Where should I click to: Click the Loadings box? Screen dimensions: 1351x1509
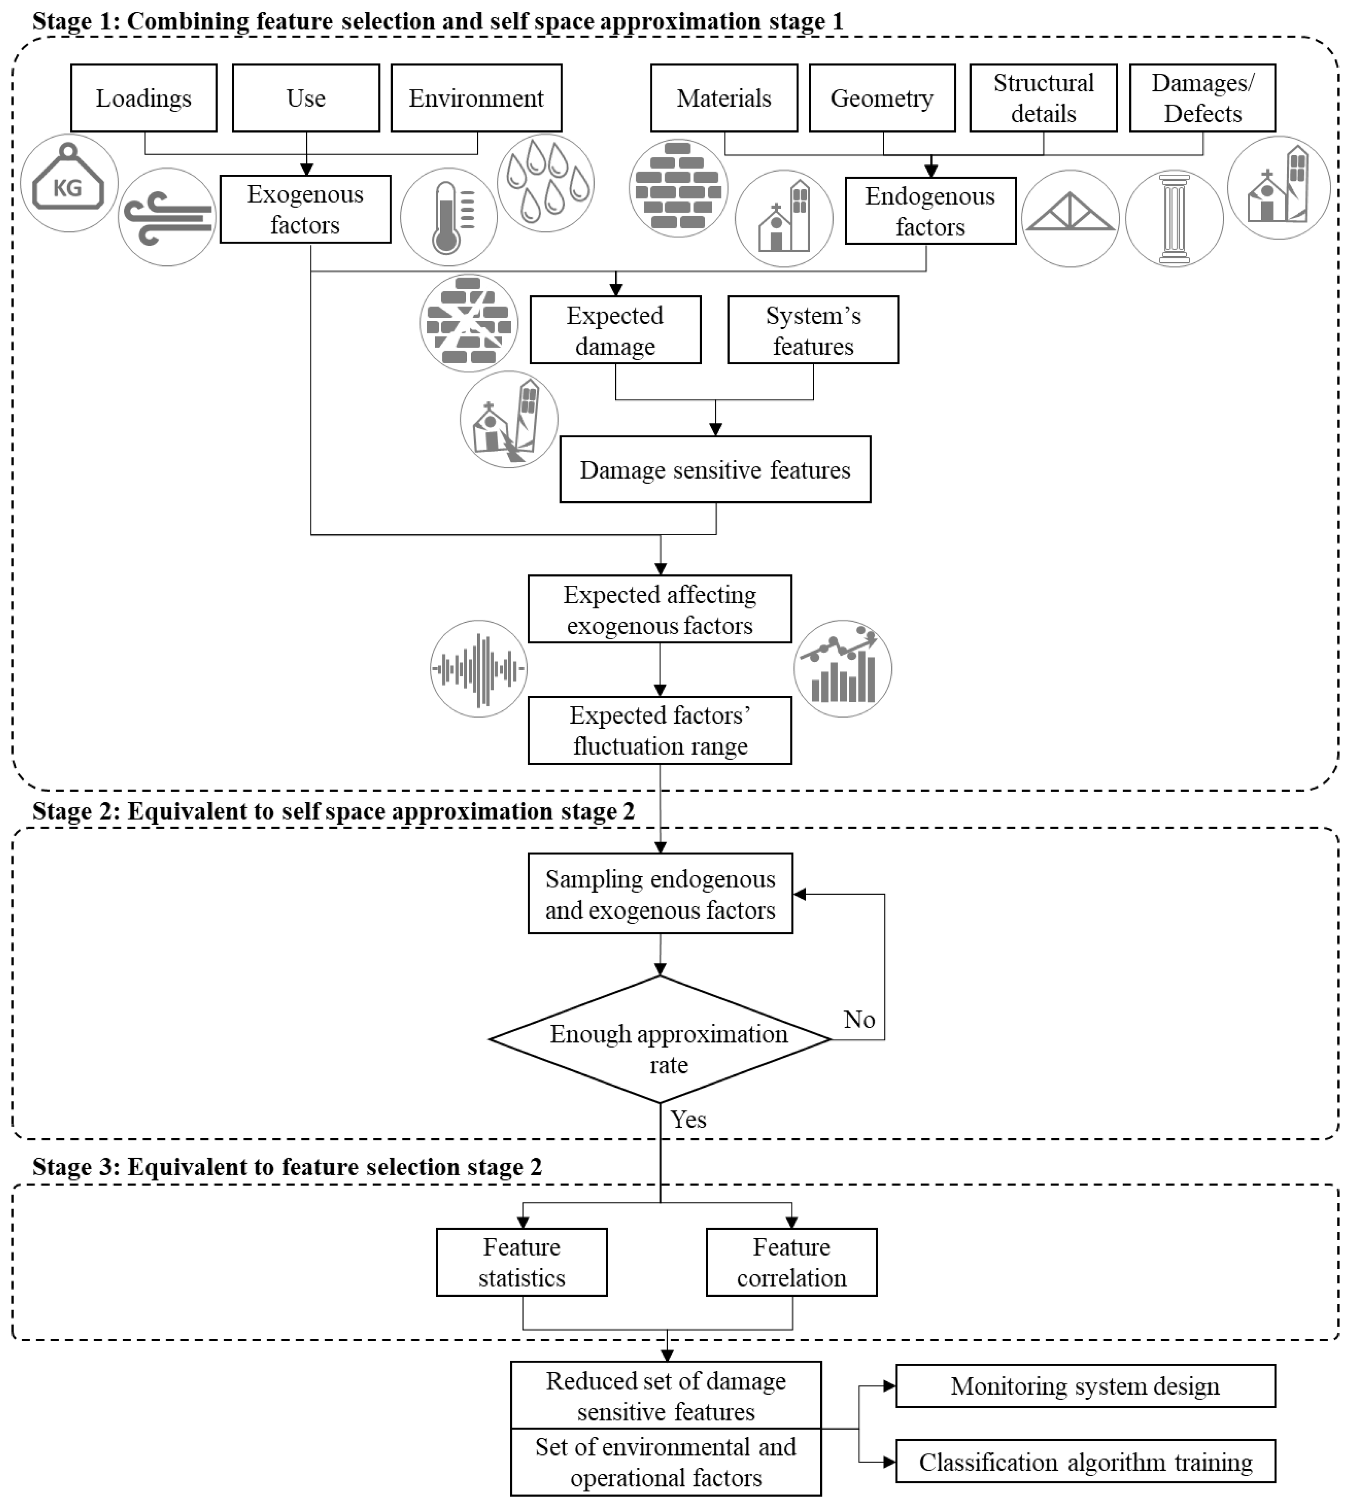pos(144,98)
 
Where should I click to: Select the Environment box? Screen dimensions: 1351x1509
pos(476,98)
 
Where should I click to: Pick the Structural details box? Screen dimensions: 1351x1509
pos(1043,98)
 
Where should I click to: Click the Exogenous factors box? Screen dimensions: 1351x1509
pos(305,209)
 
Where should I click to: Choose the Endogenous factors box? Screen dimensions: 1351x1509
pos(930,211)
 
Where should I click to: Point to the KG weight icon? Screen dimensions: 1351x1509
pos(69,183)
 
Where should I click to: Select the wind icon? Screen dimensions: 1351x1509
pos(167,217)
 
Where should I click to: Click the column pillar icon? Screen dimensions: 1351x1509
pos(1174,218)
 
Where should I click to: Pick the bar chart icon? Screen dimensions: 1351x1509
pos(842,668)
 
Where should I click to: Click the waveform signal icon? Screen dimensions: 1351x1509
pos(479,668)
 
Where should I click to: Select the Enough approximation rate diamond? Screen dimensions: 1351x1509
pos(660,1039)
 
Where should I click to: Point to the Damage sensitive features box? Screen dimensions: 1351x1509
pos(715,469)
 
